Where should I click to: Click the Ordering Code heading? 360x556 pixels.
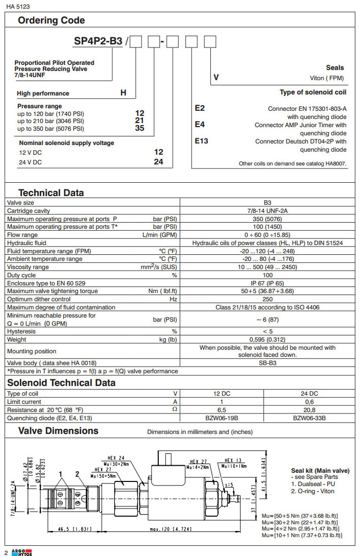(51, 21)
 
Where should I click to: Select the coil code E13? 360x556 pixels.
(202, 141)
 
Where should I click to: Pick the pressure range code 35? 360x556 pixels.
(139, 128)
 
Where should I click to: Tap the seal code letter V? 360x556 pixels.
(216, 78)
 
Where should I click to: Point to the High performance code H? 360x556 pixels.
(123, 93)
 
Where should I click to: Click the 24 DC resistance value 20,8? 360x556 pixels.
(309, 410)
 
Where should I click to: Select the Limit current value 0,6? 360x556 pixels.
(309, 402)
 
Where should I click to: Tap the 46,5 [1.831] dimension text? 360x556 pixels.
(75, 529)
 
